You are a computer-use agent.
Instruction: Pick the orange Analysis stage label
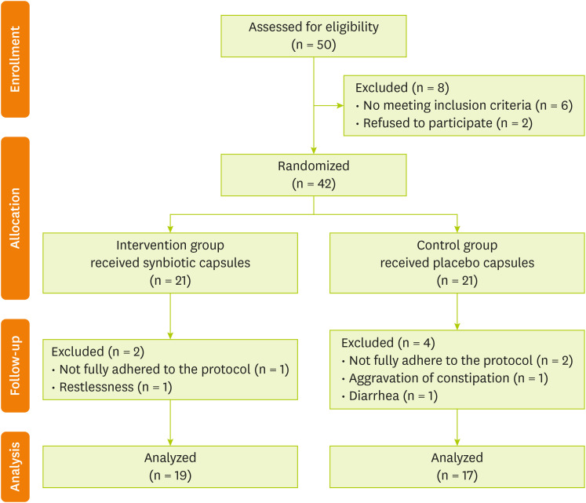point(16,466)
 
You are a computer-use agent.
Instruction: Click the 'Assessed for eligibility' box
point(314,35)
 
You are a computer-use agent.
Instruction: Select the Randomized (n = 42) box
point(314,173)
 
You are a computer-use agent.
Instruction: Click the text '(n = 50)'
point(314,45)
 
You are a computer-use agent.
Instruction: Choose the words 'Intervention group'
point(170,246)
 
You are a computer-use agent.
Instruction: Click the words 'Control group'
point(457,246)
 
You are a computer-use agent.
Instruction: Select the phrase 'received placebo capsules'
point(457,263)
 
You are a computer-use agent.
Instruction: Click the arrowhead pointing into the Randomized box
point(314,149)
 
